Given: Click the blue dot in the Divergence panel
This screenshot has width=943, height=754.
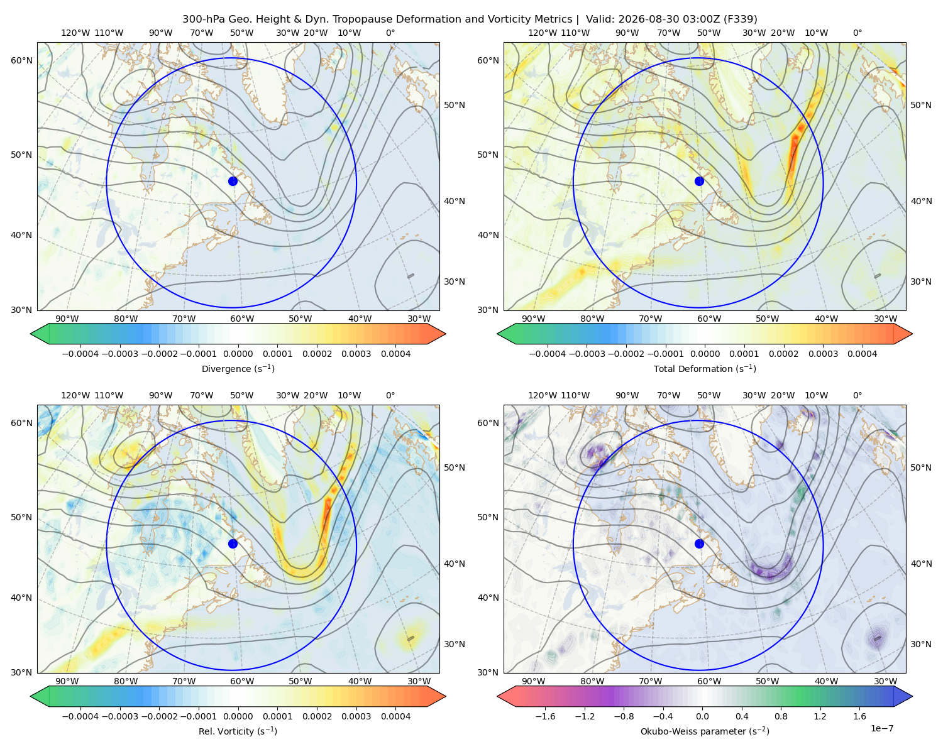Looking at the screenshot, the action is (x=233, y=181).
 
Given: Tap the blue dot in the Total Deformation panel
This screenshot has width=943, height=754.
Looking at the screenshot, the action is (x=699, y=181).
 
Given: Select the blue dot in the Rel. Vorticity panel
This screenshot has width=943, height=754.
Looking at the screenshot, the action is (x=233, y=544).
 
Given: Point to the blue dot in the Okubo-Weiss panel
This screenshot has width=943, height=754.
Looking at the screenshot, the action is (x=699, y=544).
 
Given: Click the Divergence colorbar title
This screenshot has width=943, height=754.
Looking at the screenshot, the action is (x=238, y=368).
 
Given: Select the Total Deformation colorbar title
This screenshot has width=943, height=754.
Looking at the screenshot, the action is (x=705, y=368).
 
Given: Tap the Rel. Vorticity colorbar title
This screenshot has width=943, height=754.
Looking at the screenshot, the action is (x=238, y=731).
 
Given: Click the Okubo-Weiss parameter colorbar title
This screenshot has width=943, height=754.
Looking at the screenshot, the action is (x=705, y=731).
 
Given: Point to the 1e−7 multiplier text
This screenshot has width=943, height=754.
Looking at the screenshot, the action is (x=881, y=728).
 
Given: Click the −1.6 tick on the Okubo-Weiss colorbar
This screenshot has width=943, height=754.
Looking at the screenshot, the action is (x=545, y=716).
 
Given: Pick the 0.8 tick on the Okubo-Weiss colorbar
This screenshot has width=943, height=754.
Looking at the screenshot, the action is (x=781, y=716).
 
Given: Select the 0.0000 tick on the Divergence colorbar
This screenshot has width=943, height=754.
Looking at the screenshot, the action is (x=238, y=354).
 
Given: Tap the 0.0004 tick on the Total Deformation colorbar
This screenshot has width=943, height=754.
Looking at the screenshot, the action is (x=862, y=354).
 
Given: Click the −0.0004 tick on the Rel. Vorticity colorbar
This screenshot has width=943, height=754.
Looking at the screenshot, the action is (x=80, y=716).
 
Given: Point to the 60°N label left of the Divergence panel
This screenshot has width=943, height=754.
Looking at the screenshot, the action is (x=21, y=60).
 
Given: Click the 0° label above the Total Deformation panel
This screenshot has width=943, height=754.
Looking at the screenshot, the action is (x=857, y=33).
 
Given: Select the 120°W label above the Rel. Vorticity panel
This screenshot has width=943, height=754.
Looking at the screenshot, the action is (x=75, y=395).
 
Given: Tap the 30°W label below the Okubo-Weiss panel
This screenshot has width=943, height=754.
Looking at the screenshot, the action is (x=885, y=681).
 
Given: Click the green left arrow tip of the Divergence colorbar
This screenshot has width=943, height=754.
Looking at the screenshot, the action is (x=31, y=334).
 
